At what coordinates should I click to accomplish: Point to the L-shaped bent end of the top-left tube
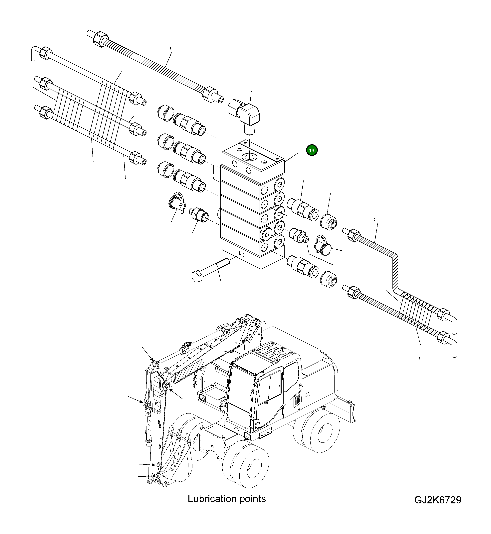(x=34, y=53)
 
